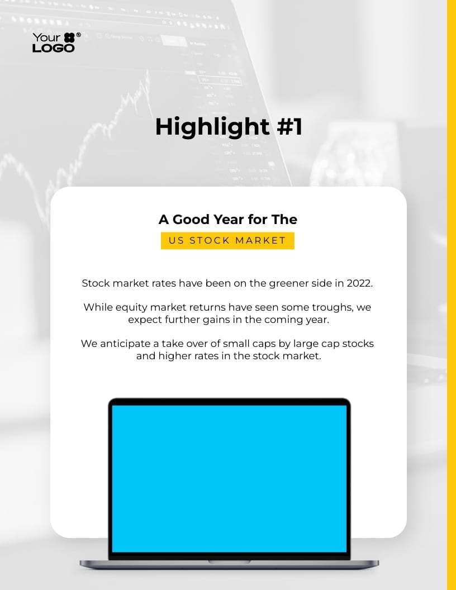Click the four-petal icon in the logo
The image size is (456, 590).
[x=69, y=38]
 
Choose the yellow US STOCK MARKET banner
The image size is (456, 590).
[x=227, y=241]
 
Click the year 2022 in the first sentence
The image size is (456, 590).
[x=359, y=283]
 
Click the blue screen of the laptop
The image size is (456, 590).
[x=229, y=478]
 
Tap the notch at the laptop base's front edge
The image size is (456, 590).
[x=229, y=561]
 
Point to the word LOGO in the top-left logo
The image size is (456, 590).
[x=53, y=48]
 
